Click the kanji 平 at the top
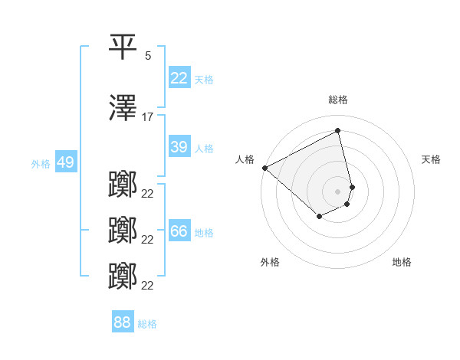(123, 47)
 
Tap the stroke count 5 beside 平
(148, 56)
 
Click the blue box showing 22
(179, 78)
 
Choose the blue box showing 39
(179, 147)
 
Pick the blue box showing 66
(179, 231)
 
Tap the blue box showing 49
(65, 162)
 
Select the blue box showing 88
(123, 322)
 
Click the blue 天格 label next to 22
(204, 80)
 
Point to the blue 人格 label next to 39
(204, 149)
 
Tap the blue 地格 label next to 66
(204, 233)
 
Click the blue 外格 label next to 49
(41, 164)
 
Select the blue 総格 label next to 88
(147, 324)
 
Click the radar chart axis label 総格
(338, 100)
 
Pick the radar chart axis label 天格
(431, 159)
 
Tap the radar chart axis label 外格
(270, 262)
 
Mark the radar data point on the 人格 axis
(264, 168)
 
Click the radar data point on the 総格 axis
(338, 131)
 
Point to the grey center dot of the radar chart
(338, 191)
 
